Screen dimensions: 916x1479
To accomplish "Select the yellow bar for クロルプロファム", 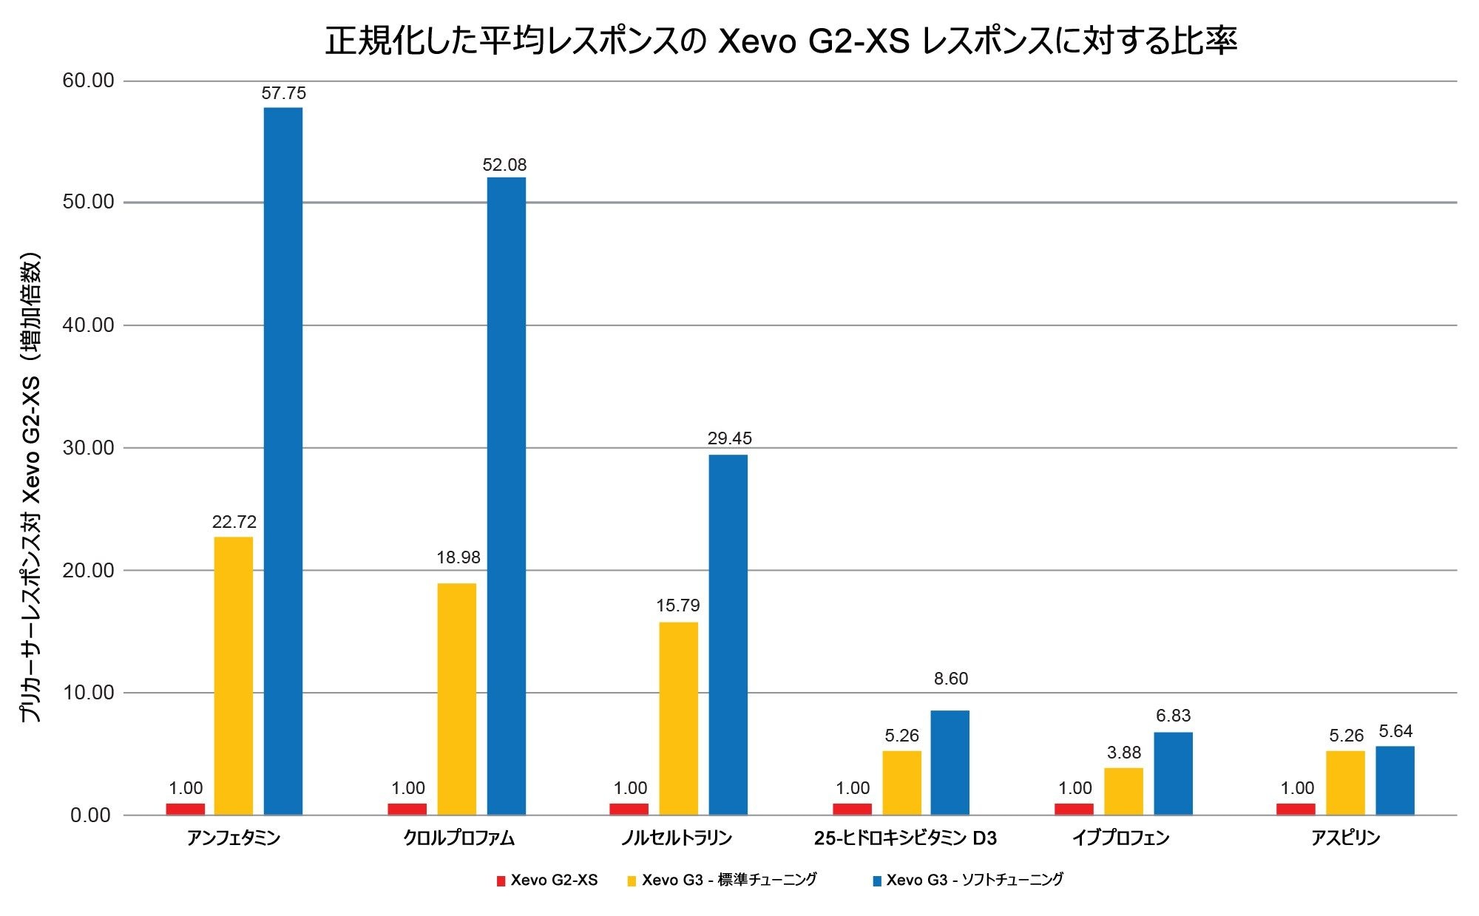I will coord(456,699).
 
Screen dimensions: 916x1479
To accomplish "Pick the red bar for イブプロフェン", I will coord(1074,809).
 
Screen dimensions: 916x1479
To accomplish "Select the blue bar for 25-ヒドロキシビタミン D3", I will coord(950,762).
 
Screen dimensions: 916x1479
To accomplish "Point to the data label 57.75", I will coord(283,93).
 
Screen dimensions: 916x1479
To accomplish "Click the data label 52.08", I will coord(504,165).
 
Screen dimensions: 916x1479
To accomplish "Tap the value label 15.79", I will coord(677,605).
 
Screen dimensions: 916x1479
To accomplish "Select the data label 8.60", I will coord(950,679).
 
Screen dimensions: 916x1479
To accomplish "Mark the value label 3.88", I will coord(1124,753).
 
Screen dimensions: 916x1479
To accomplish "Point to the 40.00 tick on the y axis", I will coord(88,325).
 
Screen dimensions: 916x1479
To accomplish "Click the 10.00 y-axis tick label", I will coord(88,693).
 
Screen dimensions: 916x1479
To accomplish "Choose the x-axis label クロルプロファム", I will coord(458,838).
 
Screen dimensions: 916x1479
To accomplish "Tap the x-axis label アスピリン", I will coord(1345,838).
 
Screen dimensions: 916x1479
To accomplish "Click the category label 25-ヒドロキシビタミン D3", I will coord(905,838).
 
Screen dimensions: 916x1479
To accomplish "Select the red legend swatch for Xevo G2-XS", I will coord(501,881).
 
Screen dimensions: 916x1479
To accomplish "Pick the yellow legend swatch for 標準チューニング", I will coord(632,881).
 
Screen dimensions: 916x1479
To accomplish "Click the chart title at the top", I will coord(781,41).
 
